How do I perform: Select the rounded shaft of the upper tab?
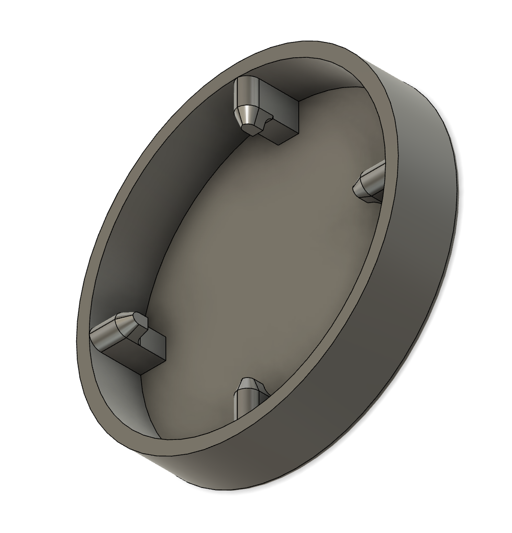click(x=246, y=92)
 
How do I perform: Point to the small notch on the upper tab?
click(x=266, y=121)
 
